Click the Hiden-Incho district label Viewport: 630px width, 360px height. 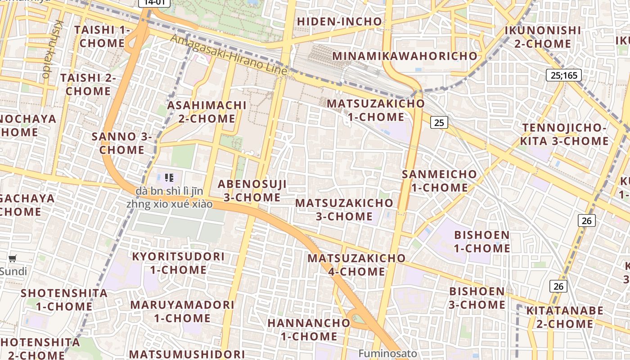click(x=339, y=22)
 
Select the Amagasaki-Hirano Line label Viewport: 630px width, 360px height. click(x=229, y=55)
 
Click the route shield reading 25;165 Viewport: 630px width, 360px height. click(x=563, y=75)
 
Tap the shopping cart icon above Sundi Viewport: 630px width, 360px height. click(x=13, y=259)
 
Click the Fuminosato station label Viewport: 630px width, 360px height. click(x=387, y=354)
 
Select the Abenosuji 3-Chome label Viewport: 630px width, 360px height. click(x=252, y=191)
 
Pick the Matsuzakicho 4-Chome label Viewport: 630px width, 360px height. click(x=356, y=265)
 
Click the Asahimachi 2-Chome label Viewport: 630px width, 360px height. click(x=207, y=112)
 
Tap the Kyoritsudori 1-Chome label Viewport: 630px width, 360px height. click(x=178, y=263)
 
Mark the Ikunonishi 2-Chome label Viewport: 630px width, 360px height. click(x=543, y=37)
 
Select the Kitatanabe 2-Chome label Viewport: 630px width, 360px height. click(x=565, y=317)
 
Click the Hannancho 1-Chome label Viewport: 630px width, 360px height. click(x=309, y=329)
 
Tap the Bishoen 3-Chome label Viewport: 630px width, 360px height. click(x=477, y=298)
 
